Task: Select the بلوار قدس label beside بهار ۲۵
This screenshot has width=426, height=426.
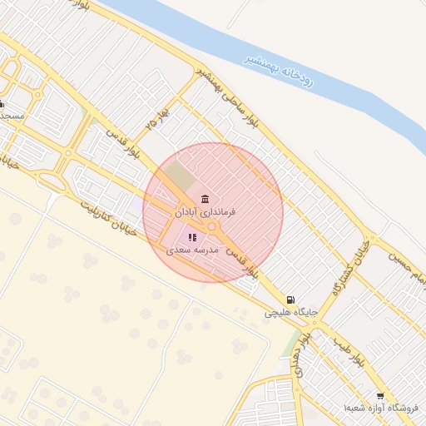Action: pos(123,147)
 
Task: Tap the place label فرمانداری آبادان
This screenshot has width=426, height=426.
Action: pos(205,213)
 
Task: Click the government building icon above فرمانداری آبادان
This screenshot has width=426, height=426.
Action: pos(205,198)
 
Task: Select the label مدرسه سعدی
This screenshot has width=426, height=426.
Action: pos(192,250)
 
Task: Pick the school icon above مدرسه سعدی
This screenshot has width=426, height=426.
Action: pos(192,237)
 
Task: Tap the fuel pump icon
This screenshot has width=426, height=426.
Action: pos(289,300)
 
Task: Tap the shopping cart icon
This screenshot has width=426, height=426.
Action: pos(380,396)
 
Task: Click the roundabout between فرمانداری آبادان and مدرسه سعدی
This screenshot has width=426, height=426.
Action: pos(213,226)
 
